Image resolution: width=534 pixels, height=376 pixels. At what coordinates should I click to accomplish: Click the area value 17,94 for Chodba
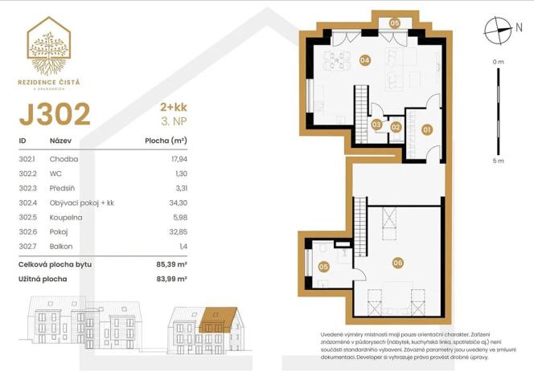tap(176, 159)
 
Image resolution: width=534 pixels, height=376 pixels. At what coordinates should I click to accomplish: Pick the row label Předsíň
tap(64, 188)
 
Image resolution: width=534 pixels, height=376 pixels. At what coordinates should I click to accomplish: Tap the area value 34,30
tap(176, 202)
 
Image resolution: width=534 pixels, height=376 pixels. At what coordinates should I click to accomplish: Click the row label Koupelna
tap(66, 217)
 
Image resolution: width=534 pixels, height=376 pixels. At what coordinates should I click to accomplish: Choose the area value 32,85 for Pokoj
tap(176, 231)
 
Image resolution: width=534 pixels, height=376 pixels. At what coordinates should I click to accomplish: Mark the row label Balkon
tap(61, 246)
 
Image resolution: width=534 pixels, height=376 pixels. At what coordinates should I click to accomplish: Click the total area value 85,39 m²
tap(171, 264)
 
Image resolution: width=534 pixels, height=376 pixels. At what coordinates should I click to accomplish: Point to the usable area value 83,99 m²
tap(171, 279)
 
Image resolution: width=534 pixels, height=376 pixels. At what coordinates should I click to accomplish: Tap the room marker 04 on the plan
tap(364, 60)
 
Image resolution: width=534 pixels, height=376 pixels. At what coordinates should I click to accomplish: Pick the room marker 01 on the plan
tap(426, 129)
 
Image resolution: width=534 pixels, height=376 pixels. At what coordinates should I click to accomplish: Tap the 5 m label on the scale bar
tap(499, 161)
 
